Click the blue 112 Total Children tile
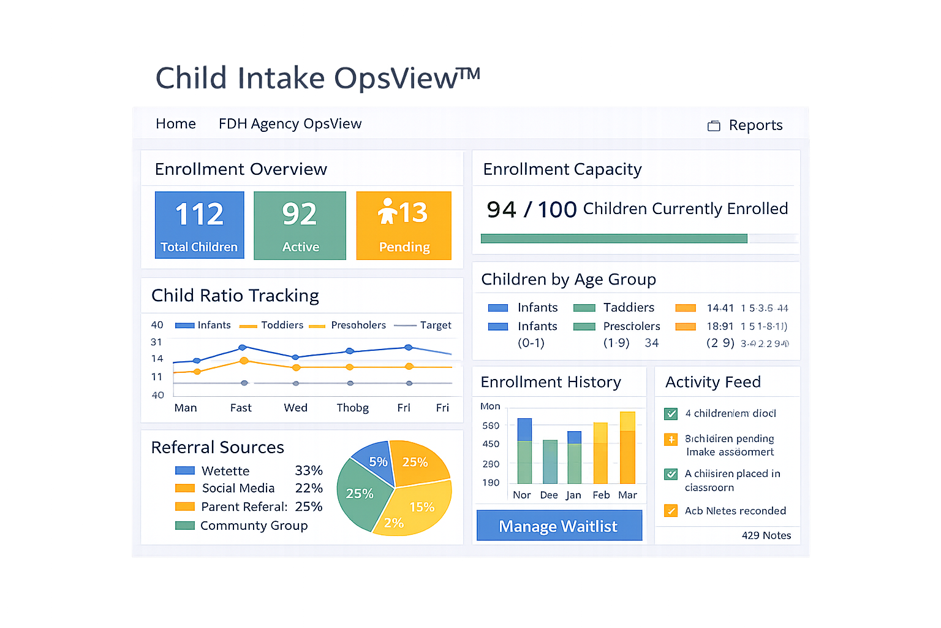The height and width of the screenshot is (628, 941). tap(199, 225)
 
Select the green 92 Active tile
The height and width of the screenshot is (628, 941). tap(300, 225)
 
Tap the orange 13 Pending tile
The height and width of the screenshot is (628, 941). tap(404, 225)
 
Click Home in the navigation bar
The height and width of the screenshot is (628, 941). tap(175, 124)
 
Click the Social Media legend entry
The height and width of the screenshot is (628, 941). tap(238, 488)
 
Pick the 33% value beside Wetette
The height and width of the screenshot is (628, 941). tap(308, 470)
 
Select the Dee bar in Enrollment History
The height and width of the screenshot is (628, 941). tap(550, 461)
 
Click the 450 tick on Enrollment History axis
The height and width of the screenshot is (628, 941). tap(491, 444)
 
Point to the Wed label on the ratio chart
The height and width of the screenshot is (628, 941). tap(295, 408)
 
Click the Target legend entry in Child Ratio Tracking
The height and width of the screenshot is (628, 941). tap(435, 325)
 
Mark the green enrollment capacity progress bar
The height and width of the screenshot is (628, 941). tap(613, 239)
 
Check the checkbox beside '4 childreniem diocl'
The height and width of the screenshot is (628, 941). tap(671, 413)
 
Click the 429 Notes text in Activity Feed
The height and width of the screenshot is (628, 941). tap(766, 535)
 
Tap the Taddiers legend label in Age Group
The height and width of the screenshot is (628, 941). tap(629, 307)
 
